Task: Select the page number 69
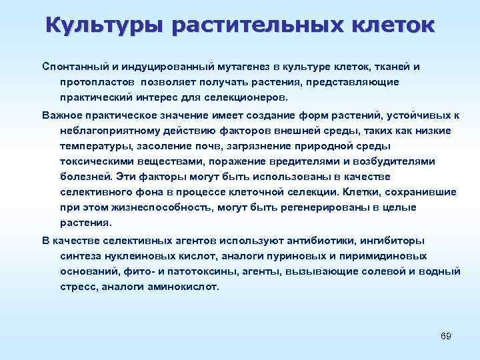click(x=446, y=335)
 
